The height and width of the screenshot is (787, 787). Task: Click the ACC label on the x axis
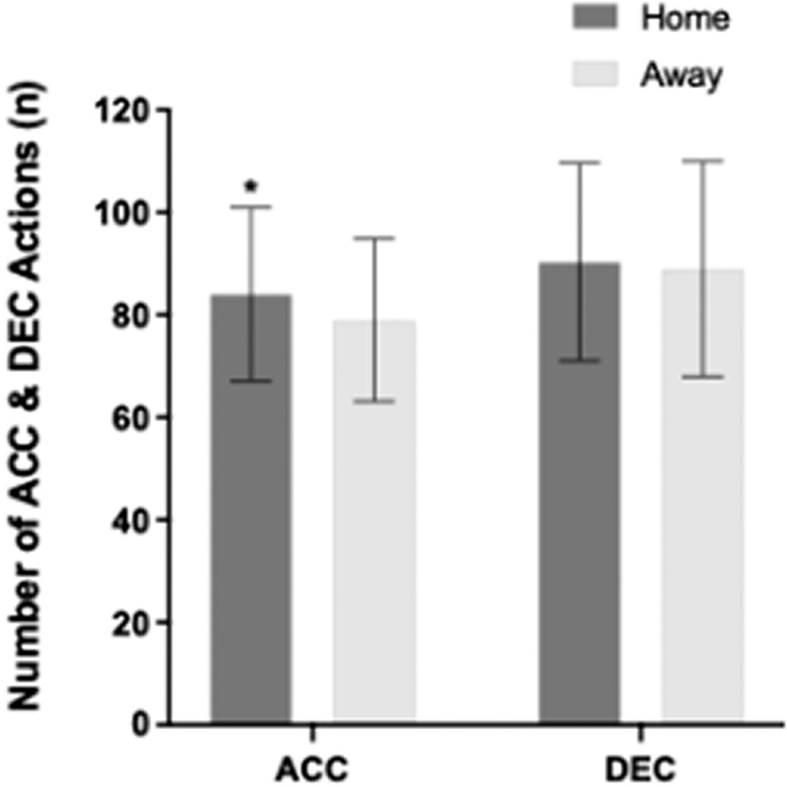click(x=313, y=770)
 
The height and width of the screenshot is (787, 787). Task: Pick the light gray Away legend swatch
click(x=596, y=73)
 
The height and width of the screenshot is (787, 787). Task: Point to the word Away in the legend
click(x=681, y=76)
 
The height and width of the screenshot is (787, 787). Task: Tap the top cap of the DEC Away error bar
click(x=703, y=160)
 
